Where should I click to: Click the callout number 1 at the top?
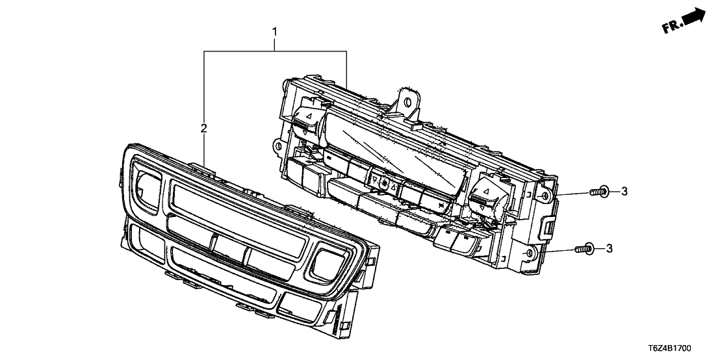pos(275,31)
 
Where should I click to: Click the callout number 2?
pos(203,129)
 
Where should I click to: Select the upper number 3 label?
pos(624,190)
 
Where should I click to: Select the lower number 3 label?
pos(610,248)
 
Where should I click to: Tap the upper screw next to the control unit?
pos(598,191)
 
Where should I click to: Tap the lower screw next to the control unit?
pos(583,248)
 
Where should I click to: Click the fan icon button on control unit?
pos(385,185)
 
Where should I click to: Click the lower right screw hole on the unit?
pos(529,252)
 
